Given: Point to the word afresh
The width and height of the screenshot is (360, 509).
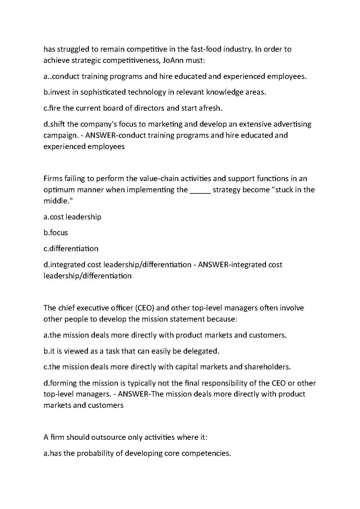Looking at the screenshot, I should (210, 108).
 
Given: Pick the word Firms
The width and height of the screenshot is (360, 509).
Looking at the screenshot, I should (53, 178).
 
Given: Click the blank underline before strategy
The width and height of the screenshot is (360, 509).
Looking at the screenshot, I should (200, 190).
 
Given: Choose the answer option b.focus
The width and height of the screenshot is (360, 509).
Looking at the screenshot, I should (56, 232).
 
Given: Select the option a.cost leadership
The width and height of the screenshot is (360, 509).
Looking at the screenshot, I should (73, 217).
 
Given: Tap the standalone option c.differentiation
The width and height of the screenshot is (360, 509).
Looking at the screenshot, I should (71, 248).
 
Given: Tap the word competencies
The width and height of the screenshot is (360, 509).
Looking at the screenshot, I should (206, 453).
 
